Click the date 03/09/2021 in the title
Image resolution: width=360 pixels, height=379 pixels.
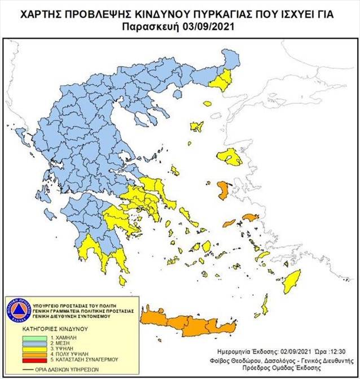pos(205,27)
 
